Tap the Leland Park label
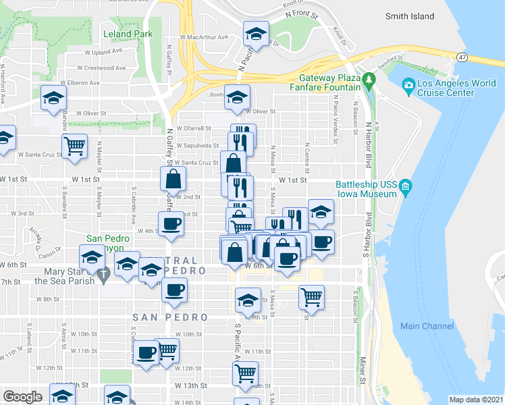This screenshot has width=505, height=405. pyautogui.click(x=128, y=34)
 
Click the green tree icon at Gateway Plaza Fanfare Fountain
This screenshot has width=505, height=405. pyautogui.click(x=369, y=81)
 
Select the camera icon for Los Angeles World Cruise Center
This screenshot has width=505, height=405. pyautogui.click(x=408, y=85)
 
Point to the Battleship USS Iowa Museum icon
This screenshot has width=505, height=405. pyautogui.click(x=405, y=185)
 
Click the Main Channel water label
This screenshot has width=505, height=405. pyautogui.click(x=427, y=326)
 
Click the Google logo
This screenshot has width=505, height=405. pyautogui.click(x=22, y=397)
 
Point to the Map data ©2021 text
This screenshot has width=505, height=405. pyautogui.click(x=477, y=400)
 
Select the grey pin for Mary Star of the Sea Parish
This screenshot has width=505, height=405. pyautogui.click(x=102, y=274)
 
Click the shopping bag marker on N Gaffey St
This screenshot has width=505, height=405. pyautogui.click(x=174, y=179)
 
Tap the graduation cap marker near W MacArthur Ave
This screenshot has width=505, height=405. pyautogui.click(x=256, y=34)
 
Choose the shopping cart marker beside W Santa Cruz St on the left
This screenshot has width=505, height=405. pyautogui.click(x=74, y=145)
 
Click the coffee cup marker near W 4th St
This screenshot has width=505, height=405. pyautogui.click(x=171, y=224)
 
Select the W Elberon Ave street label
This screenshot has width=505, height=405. pyautogui.click(x=78, y=83)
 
